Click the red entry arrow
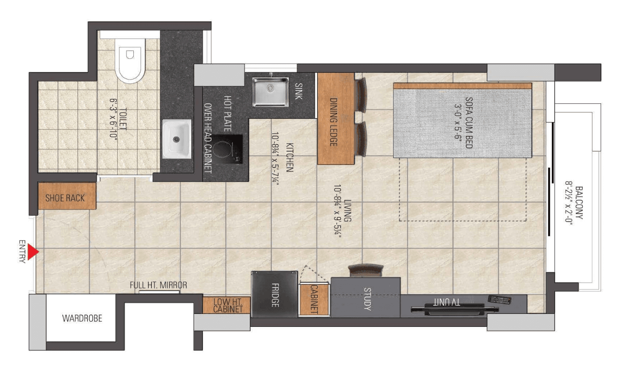(x=33, y=252)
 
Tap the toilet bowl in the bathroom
(x=130, y=61)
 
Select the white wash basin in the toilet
(x=177, y=139)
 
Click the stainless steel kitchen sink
(x=270, y=92)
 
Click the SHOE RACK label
(x=65, y=198)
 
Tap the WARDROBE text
(x=82, y=319)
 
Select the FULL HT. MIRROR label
(x=158, y=285)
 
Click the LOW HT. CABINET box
(x=227, y=305)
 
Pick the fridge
(x=275, y=294)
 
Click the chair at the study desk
(x=366, y=271)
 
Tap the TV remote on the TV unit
(x=499, y=300)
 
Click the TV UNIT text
(x=447, y=302)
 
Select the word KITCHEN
(x=289, y=157)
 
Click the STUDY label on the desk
(x=367, y=299)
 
